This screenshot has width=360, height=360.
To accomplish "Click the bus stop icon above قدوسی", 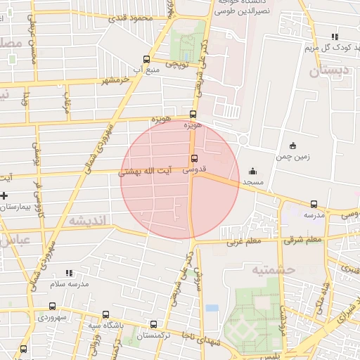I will [194, 158].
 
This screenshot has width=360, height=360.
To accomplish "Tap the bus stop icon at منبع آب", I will [146, 60].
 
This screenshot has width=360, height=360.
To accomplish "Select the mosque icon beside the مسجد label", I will [252, 171].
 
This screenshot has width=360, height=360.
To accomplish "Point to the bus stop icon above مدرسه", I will [314, 205].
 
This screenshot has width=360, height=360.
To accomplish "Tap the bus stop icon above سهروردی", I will [53, 307].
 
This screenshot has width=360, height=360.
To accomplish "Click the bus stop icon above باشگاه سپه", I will [105, 315].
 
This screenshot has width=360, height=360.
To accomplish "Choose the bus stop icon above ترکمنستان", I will [154, 324].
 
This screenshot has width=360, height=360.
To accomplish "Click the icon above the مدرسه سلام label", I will [68, 273].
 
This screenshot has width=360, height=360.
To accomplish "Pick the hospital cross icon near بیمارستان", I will [4, 195].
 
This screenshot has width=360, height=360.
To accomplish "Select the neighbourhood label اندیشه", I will [87, 221].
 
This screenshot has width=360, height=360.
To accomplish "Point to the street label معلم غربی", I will [243, 243].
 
